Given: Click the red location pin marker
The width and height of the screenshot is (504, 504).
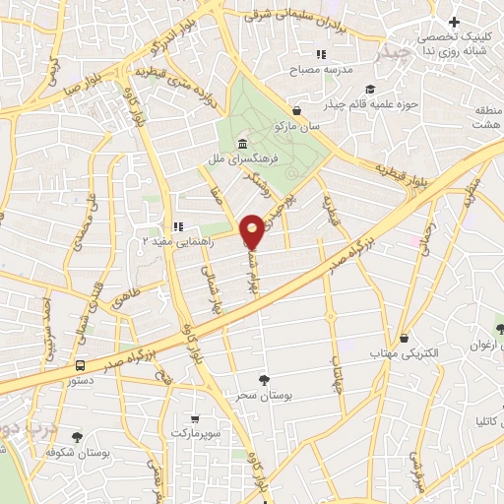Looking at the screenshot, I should point(253,230).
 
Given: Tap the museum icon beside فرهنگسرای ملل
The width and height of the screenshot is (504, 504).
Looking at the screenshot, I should point(242,147).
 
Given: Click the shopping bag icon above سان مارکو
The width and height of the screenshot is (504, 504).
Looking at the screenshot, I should point(297,111).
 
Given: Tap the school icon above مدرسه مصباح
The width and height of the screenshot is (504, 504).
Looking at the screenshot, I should point(319,55).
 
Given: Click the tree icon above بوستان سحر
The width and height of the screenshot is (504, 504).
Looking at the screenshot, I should point(263,379).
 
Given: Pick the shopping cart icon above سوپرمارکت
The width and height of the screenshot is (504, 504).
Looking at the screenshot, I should point(194,417).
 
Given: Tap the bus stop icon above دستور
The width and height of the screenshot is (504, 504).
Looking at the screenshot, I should point(80,365).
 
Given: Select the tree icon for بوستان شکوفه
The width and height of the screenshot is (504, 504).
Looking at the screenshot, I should point(77,437).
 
